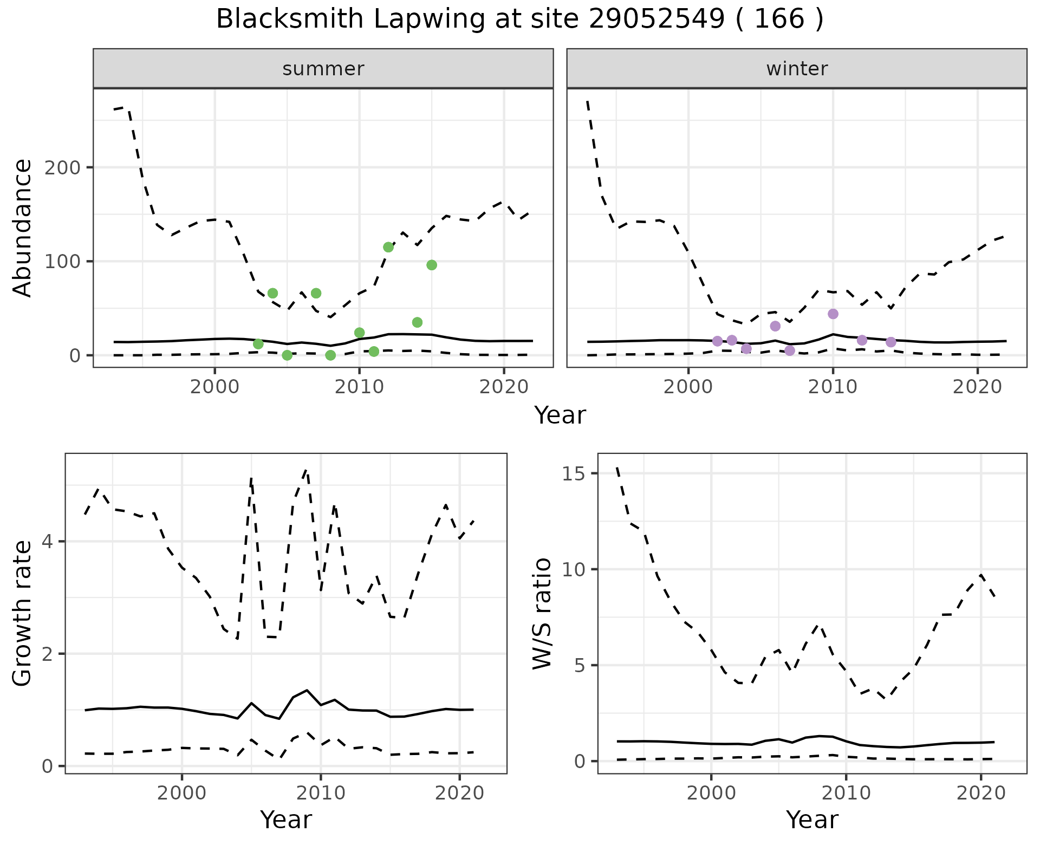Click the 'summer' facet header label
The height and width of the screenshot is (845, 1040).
(x=323, y=69)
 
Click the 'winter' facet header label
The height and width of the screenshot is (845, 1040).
(x=797, y=69)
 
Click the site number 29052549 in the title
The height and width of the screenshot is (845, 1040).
(x=655, y=19)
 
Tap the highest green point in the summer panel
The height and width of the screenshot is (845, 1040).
(x=388, y=247)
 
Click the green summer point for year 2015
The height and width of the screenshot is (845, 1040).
(x=432, y=265)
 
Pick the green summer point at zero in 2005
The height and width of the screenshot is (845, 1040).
(x=287, y=355)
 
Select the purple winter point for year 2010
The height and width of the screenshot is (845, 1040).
(x=833, y=314)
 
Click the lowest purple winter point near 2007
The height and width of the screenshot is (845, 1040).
(x=790, y=350)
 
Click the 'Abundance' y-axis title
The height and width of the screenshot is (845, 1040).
(x=22, y=228)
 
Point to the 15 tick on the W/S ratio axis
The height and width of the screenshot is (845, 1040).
(x=575, y=474)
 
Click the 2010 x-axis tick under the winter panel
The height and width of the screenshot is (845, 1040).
(x=833, y=387)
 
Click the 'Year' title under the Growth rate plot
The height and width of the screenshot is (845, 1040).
(x=286, y=820)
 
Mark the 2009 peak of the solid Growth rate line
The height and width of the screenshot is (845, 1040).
(x=307, y=690)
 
